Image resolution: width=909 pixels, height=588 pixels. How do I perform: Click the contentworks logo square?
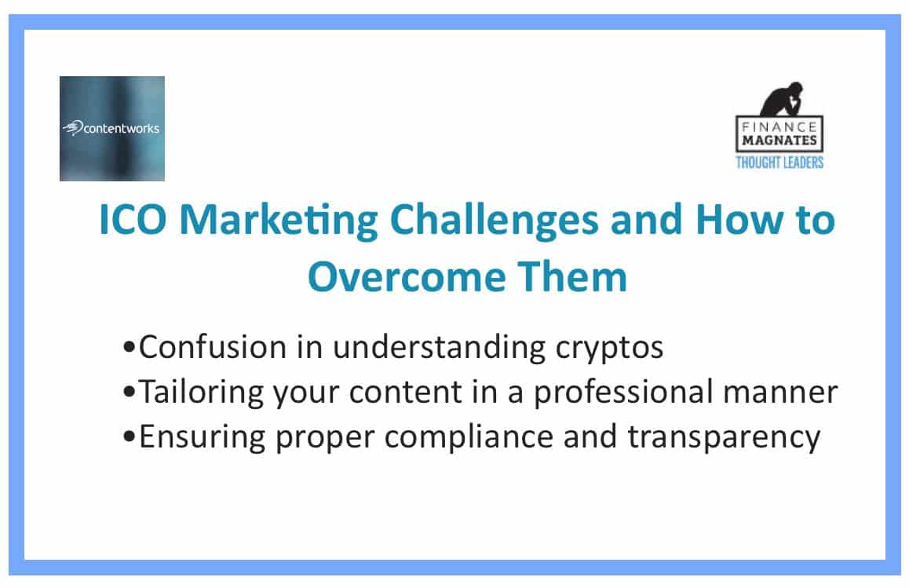point(112,128)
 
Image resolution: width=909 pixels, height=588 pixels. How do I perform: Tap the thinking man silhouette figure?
point(782,99)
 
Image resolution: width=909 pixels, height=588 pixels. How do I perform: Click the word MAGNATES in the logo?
point(779,141)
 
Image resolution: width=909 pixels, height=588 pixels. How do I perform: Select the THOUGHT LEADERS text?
point(779,163)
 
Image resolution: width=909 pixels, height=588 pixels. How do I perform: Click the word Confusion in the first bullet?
point(213,347)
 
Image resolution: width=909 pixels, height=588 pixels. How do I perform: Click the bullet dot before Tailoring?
point(129,393)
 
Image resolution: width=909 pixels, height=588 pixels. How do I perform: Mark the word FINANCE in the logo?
point(779,126)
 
